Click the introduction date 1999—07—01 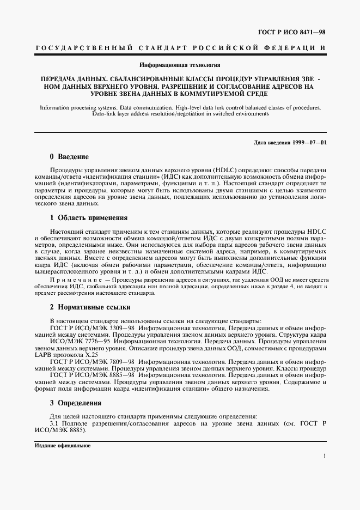[x=307, y=142]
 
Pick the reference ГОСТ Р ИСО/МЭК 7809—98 [x=93, y=362]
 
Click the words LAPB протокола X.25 [x=62, y=355]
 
